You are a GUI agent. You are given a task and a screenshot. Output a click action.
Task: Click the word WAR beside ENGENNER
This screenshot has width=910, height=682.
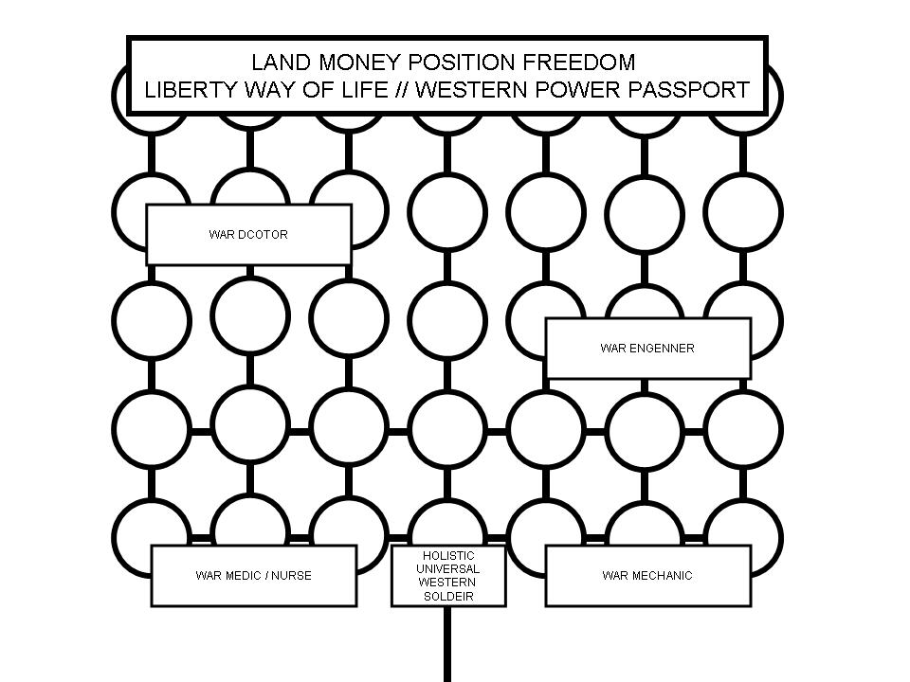(x=613, y=349)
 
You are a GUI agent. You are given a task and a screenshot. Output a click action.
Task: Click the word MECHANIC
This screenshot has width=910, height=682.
(x=660, y=576)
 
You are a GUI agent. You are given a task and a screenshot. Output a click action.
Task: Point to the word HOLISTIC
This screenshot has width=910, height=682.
(x=448, y=555)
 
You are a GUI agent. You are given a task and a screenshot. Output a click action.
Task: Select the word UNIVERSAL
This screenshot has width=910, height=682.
(x=448, y=568)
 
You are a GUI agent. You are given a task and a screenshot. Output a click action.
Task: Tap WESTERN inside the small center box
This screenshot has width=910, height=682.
(x=448, y=583)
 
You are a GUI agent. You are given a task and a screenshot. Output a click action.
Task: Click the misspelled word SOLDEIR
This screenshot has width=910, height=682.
(x=448, y=597)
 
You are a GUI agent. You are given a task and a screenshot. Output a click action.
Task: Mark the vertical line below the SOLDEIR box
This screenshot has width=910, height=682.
(x=445, y=644)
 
